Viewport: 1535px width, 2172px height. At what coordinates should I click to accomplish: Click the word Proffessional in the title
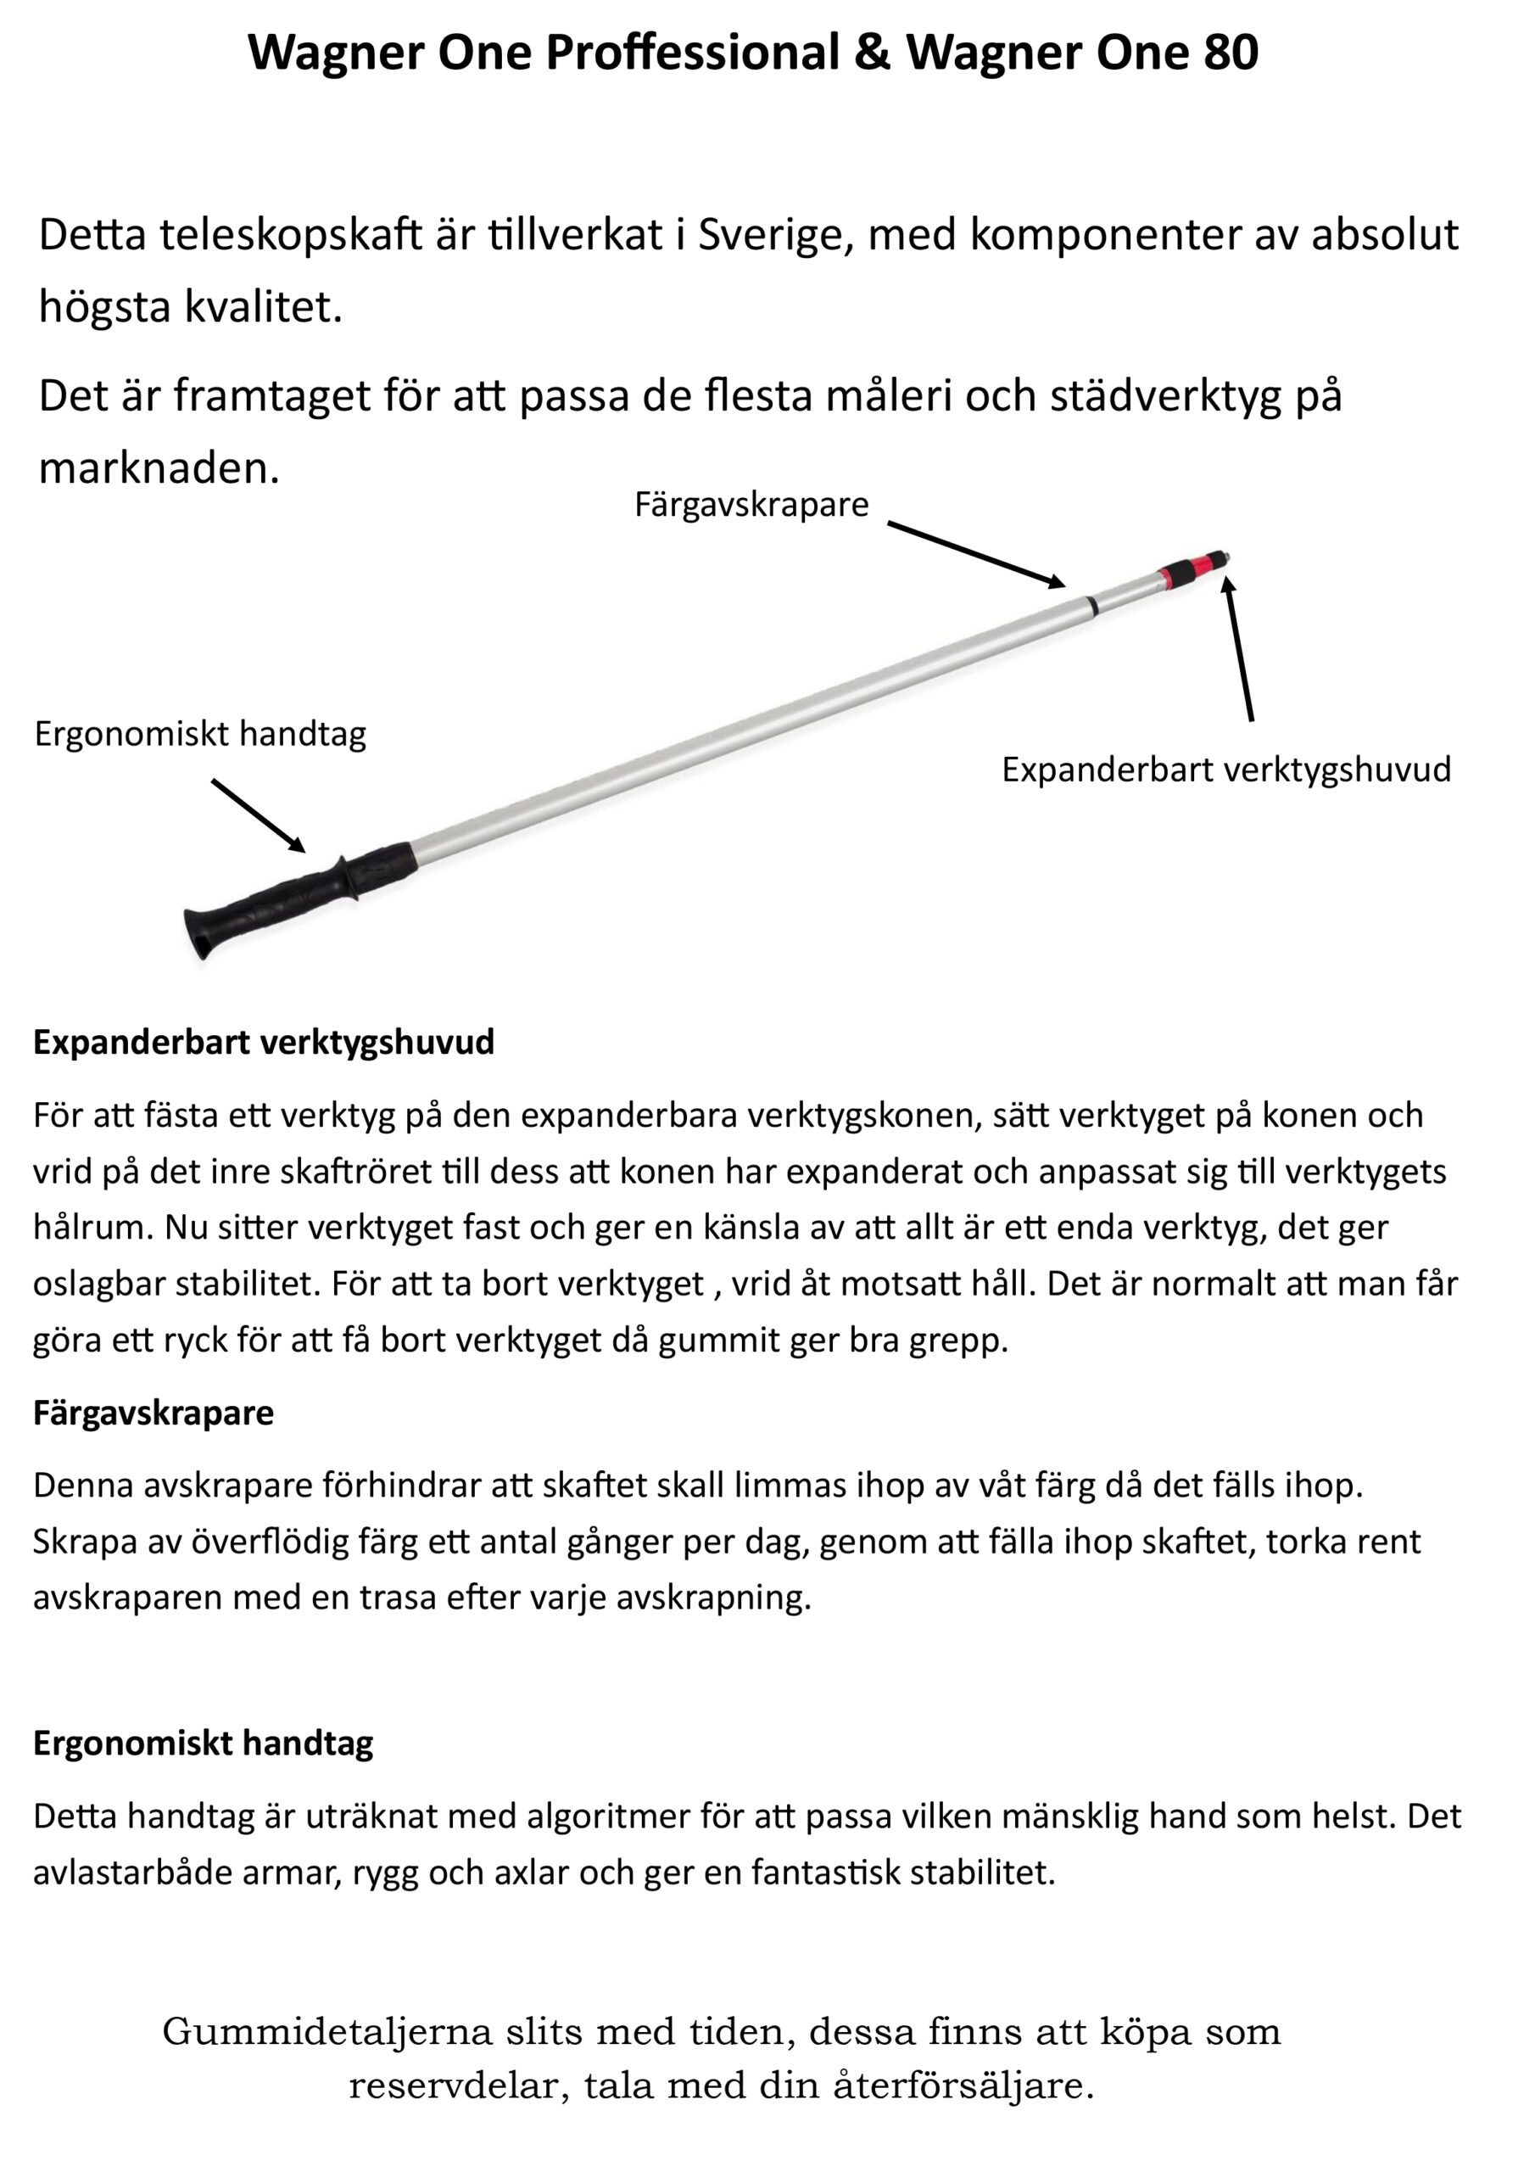(692, 52)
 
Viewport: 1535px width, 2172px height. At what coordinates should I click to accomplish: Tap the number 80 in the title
(1231, 52)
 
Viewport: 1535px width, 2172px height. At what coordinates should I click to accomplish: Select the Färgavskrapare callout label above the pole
(751, 504)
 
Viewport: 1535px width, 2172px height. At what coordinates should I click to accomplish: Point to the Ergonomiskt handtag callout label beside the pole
(200, 733)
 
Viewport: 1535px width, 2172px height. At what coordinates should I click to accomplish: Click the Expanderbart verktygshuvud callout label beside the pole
(1225, 769)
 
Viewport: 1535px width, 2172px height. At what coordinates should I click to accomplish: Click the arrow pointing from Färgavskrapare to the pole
(975, 554)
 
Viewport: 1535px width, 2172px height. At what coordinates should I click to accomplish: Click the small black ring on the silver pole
(1091, 604)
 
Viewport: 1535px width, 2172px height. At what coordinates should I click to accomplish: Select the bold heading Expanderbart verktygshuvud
(264, 1042)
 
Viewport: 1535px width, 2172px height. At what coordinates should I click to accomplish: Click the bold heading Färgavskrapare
(153, 1413)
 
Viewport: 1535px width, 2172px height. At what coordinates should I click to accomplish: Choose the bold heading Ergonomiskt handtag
(204, 1743)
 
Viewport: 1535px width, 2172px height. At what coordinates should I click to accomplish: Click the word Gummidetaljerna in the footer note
(327, 2030)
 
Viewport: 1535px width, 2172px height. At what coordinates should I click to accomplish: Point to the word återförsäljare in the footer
(963, 2085)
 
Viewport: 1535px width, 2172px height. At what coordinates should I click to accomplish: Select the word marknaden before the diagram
(159, 468)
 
